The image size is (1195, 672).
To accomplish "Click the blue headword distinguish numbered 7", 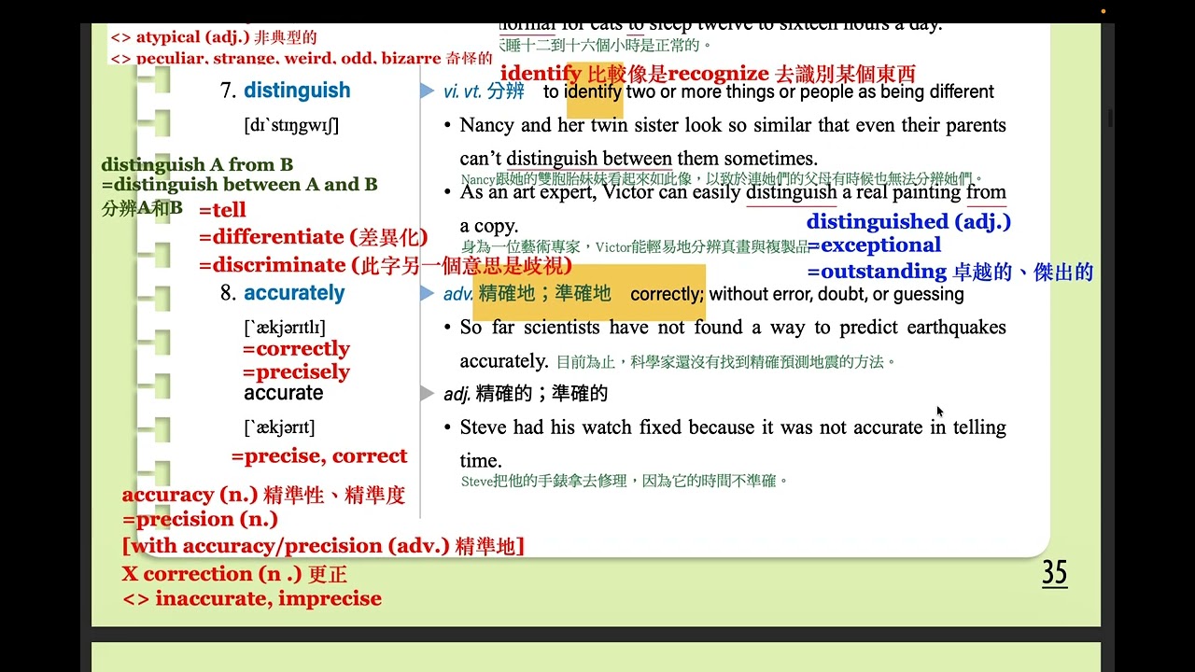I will pyautogui.click(x=297, y=91).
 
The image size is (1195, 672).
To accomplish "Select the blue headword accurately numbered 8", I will pyautogui.click(x=294, y=293).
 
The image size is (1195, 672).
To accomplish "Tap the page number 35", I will pyautogui.click(x=1054, y=573).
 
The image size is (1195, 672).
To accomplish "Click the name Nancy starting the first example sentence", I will pyautogui.click(x=485, y=125).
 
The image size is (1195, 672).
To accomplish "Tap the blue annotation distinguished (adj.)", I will pyautogui.click(x=908, y=222).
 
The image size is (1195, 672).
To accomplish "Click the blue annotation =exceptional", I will pyautogui.click(x=874, y=245).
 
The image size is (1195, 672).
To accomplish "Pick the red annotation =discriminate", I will pyautogui.click(x=272, y=265).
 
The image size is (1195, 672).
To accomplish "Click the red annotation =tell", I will pyautogui.click(x=222, y=210).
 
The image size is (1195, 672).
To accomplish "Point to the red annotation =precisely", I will pyautogui.click(x=296, y=371).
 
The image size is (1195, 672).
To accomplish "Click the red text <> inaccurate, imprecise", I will pyautogui.click(x=252, y=598).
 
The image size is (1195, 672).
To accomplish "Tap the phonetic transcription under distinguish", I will pyautogui.click(x=291, y=125).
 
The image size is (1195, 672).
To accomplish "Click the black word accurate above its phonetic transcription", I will pyautogui.click(x=283, y=393).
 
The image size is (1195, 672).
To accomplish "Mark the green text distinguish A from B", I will pyautogui.click(x=197, y=165).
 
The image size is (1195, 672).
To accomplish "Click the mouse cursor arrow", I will pyautogui.click(x=939, y=412).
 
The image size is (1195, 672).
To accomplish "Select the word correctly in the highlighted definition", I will pyautogui.click(x=667, y=294).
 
